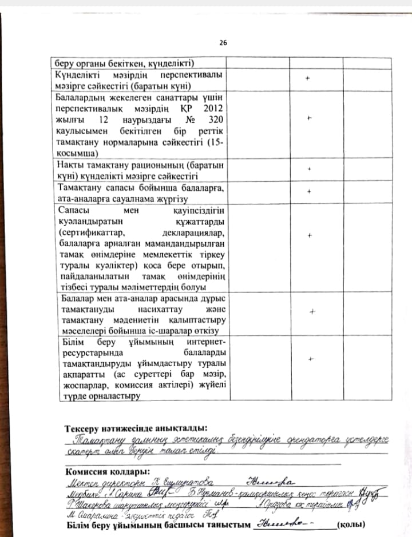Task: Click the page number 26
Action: coord(223,43)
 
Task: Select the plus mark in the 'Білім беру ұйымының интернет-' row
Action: coord(311,359)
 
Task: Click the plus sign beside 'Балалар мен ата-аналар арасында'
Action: coord(311,312)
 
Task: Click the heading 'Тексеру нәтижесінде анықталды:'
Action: coord(136,428)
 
